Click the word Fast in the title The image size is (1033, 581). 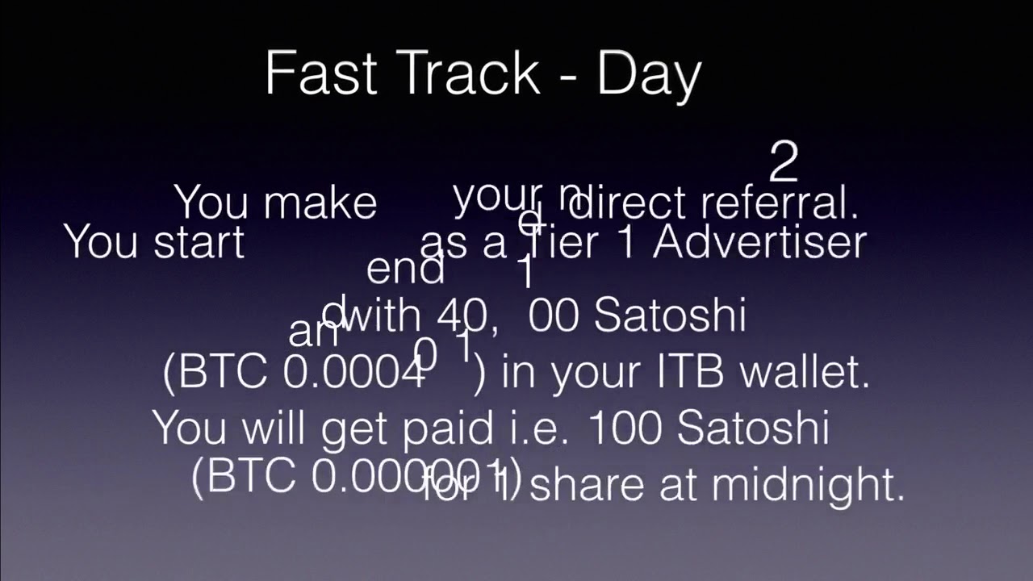click(x=320, y=73)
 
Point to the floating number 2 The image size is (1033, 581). click(x=783, y=162)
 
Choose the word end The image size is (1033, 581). click(x=405, y=269)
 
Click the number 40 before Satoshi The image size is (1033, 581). click(x=462, y=316)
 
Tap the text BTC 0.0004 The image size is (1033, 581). click(x=295, y=372)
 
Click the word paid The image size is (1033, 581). click(x=448, y=428)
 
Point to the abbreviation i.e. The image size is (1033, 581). click(x=533, y=428)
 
